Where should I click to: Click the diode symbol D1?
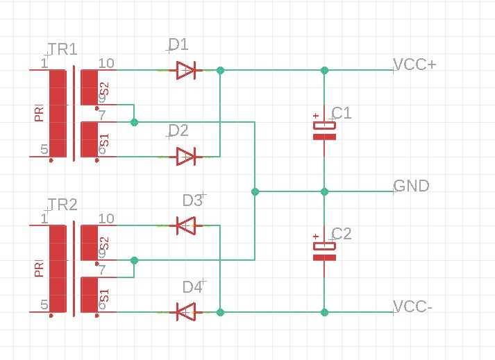click(x=186, y=70)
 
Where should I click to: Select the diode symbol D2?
click(x=186, y=157)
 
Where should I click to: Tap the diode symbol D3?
click(x=186, y=225)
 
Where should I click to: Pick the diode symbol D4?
click(x=186, y=312)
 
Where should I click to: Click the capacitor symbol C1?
click(x=324, y=130)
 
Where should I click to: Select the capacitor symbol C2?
click(x=324, y=252)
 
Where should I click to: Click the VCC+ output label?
click(x=414, y=65)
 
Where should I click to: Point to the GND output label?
click(x=411, y=186)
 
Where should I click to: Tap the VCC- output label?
click(x=412, y=307)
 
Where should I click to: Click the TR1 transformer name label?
click(x=62, y=49)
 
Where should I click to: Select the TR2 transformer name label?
click(x=62, y=205)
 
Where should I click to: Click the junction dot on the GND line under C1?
click(x=324, y=191)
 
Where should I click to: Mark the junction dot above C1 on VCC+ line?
click(x=324, y=70)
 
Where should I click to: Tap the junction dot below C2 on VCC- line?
click(x=324, y=312)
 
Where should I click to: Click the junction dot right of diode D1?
click(x=220, y=70)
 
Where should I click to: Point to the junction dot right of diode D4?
click(x=220, y=312)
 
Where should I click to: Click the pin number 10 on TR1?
click(x=106, y=63)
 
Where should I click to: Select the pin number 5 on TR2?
click(x=44, y=305)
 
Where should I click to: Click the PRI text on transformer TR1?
click(x=39, y=113)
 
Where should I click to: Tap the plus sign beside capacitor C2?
click(x=316, y=237)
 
